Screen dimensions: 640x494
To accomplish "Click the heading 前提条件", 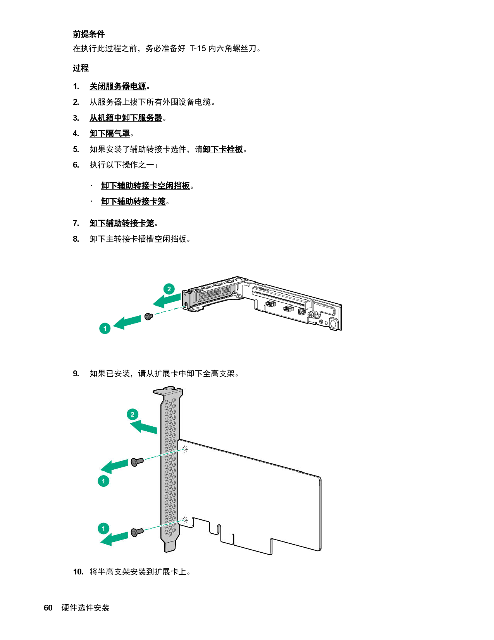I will (89, 34).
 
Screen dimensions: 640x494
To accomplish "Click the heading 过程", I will (81, 68).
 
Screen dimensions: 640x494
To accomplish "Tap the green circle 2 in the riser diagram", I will (169, 289).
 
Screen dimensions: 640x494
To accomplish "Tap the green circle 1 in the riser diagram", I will (105, 329).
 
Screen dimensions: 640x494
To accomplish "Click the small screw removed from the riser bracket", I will (148, 317).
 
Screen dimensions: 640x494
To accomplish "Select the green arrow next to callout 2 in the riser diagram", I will (167, 300).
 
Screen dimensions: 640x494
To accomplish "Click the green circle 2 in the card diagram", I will (133, 414).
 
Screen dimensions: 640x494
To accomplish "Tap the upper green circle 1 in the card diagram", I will (103, 481).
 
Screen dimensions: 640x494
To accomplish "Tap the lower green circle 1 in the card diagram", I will (103, 528).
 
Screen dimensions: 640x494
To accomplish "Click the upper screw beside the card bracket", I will (137, 462).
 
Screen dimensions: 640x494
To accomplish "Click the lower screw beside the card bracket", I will (137, 532).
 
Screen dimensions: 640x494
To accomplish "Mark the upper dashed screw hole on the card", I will (185, 449).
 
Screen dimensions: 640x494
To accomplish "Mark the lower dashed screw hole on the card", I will (185, 520).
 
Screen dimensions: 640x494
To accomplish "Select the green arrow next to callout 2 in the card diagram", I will (144, 427).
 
